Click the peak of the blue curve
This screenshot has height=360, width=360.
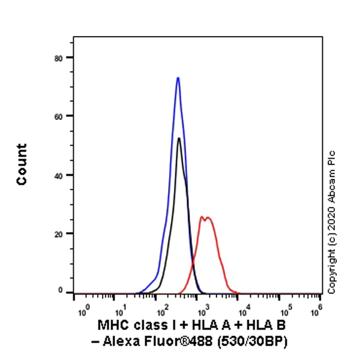click(x=178, y=77)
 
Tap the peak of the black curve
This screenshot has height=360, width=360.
click(x=178, y=139)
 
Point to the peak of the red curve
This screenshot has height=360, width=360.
click(x=203, y=217)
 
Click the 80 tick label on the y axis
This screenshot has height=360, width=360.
click(x=61, y=58)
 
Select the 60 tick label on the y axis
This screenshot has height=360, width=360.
click(x=61, y=116)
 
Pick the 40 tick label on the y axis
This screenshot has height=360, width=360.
click(x=61, y=175)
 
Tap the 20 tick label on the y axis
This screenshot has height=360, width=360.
click(x=61, y=233)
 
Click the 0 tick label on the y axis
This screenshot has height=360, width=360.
click(x=63, y=290)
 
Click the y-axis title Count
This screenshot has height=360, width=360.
click(x=22, y=164)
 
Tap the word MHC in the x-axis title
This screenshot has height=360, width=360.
click(x=110, y=325)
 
